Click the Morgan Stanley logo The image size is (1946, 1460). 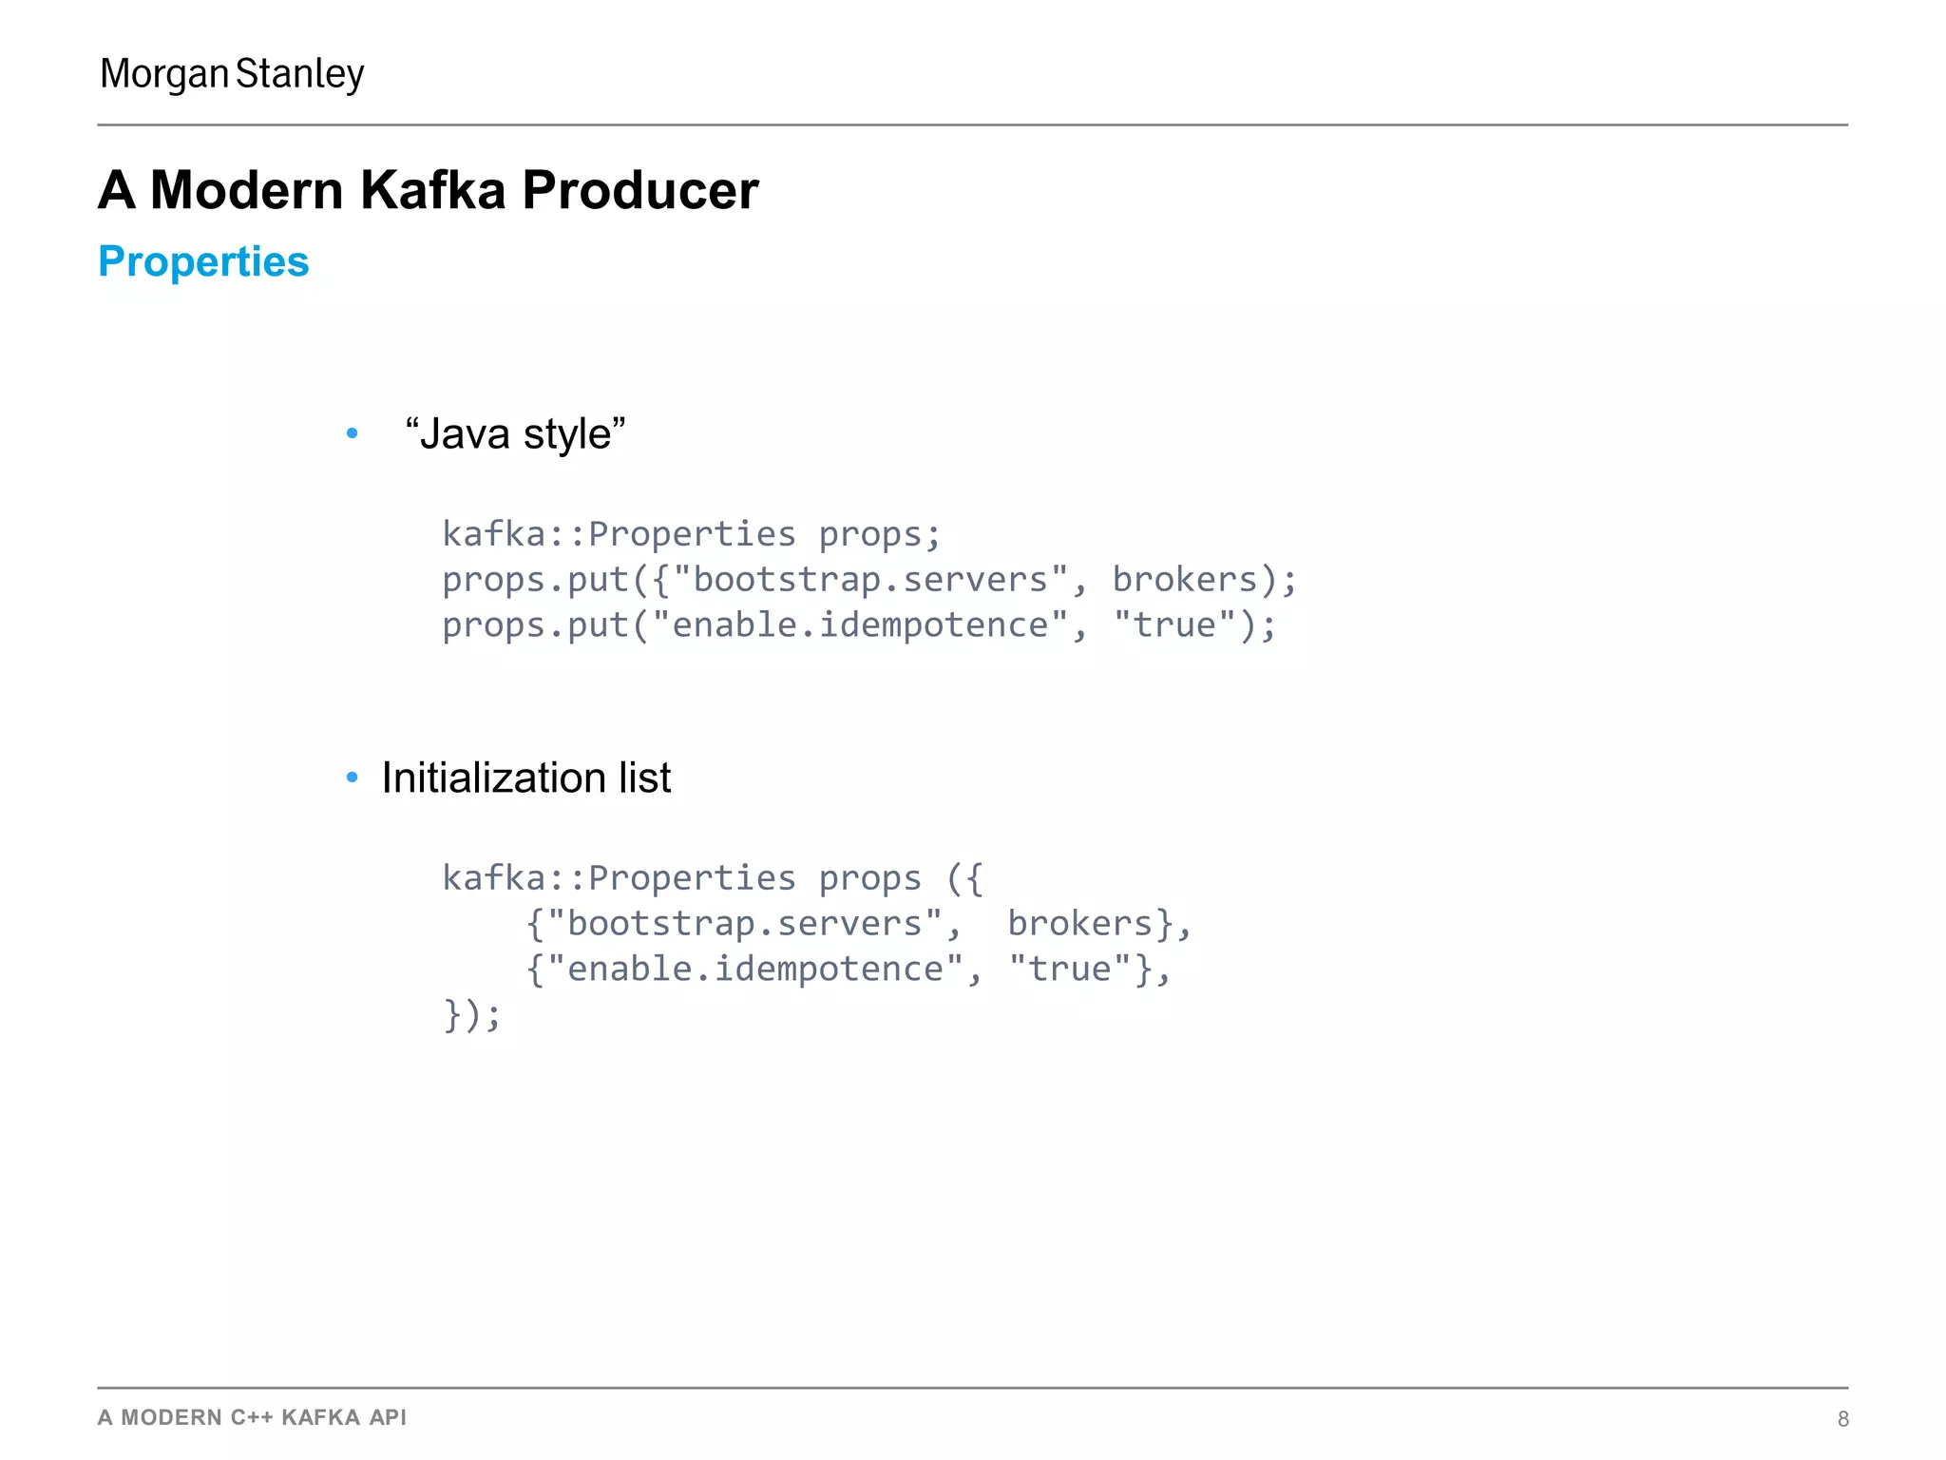click(232, 74)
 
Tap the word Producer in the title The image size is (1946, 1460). click(640, 190)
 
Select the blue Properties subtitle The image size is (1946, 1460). click(203, 261)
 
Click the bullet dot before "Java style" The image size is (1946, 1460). click(353, 434)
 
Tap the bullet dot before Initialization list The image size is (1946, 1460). click(353, 778)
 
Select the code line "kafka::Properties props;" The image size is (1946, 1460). click(691, 534)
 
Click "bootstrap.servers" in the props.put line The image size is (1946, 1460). click(870, 580)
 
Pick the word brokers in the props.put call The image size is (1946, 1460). click(1185, 580)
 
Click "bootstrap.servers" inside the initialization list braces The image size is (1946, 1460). click(744, 924)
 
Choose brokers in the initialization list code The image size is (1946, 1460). click(1079, 924)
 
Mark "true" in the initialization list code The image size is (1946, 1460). click(1070, 970)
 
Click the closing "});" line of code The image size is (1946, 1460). click(471, 1015)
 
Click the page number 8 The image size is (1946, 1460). click(1842, 1419)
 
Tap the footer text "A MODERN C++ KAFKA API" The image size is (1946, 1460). click(252, 1417)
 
